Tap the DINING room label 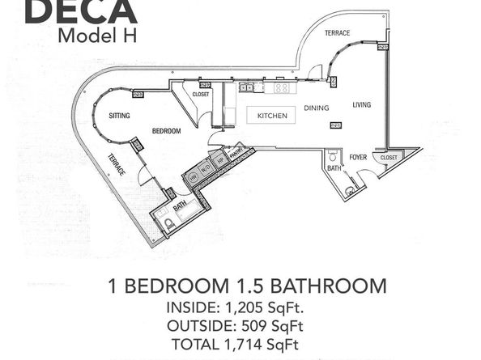[316, 107]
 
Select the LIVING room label [361, 104]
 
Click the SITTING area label [120, 116]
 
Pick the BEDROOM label [164, 130]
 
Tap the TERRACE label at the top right [337, 34]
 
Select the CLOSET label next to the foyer [388, 157]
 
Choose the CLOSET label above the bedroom [202, 94]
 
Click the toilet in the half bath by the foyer [349, 191]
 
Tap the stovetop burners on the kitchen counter [282, 87]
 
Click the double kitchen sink [249, 86]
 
